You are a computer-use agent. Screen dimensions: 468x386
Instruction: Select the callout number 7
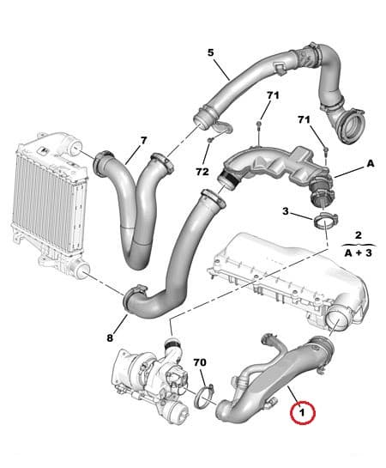tap(143, 140)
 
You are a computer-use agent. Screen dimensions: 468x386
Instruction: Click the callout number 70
tap(199, 363)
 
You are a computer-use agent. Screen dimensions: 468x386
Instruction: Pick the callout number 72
tap(202, 172)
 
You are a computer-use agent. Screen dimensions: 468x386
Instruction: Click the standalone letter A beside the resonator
tap(371, 162)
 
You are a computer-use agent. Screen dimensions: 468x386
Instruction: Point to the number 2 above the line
tap(358, 234)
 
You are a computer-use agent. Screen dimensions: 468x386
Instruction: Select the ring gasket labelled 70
tap(203, 397)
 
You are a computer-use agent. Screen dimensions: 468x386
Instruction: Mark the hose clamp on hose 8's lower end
tap(136, 299)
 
